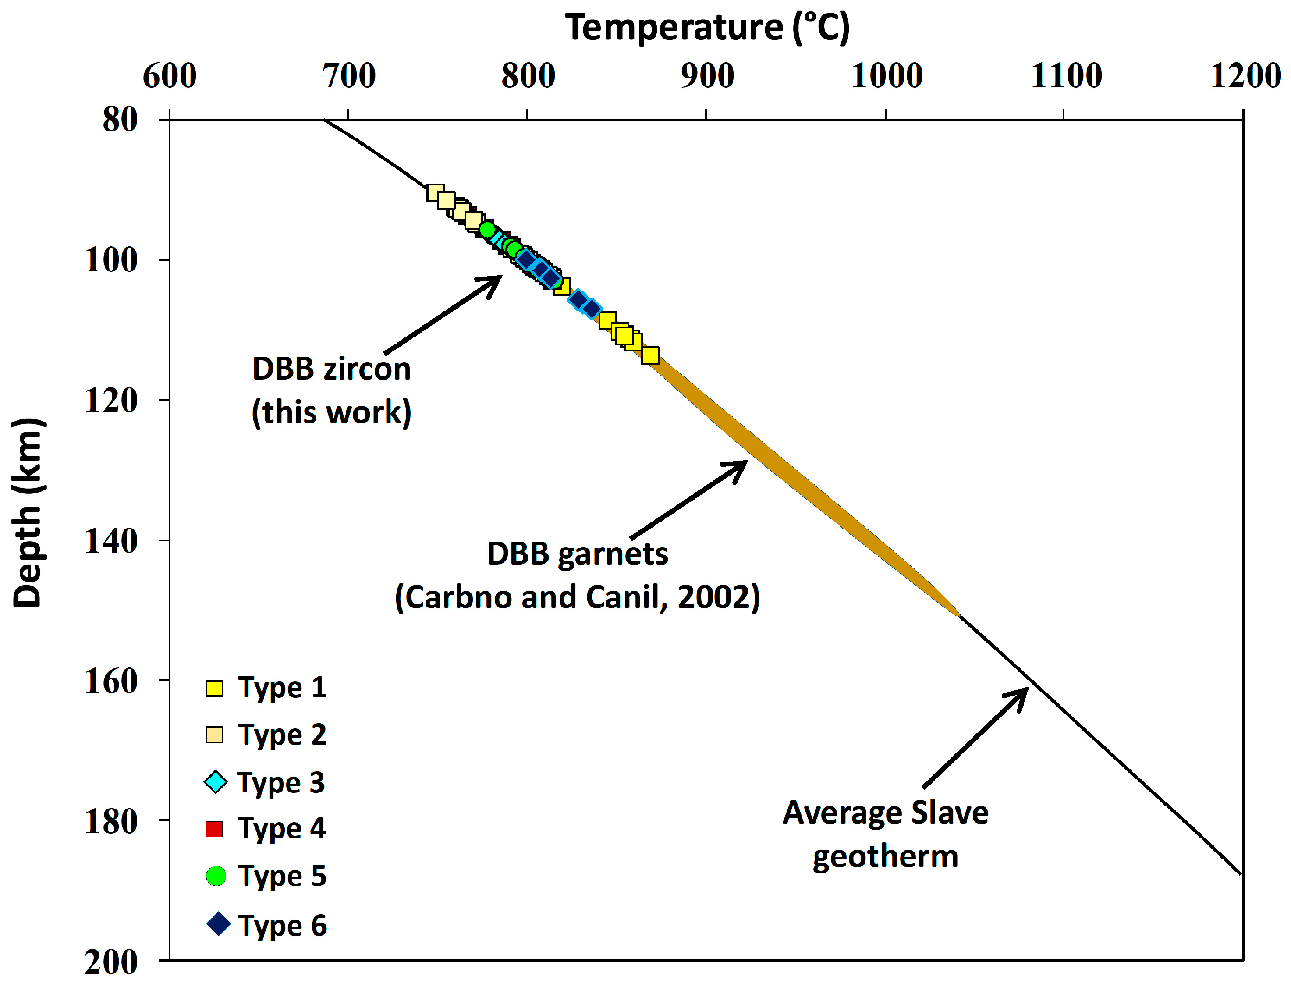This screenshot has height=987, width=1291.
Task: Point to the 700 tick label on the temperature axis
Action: (349, 76)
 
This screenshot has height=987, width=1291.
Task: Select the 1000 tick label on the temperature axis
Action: (887, 76)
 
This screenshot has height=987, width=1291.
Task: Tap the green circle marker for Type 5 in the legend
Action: (216, 876)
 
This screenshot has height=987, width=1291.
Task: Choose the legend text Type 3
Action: (281, 783)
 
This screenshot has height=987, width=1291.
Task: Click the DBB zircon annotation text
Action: (331, 369)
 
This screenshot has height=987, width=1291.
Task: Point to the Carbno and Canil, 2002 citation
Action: (578, 597)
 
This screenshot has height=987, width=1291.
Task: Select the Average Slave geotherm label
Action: (885, 834)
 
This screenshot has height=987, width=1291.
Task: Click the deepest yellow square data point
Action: (650, 355)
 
